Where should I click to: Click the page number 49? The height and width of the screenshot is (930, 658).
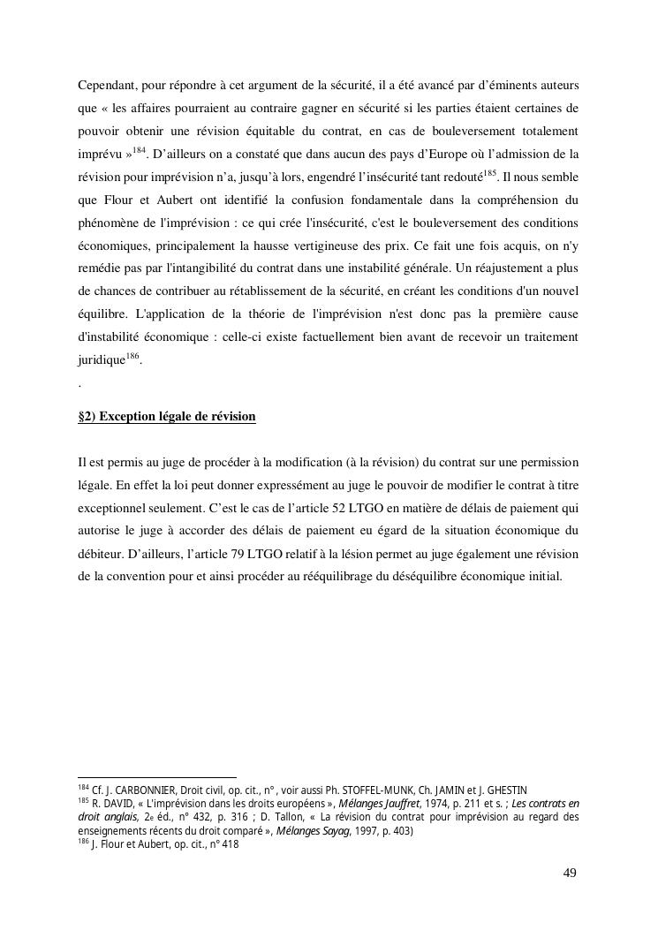coord(570,873)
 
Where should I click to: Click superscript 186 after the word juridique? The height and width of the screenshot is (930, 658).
coord(132,357)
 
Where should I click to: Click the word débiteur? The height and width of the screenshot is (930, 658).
coord(102,554)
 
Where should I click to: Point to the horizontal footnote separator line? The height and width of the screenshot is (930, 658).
coord(157,777)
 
